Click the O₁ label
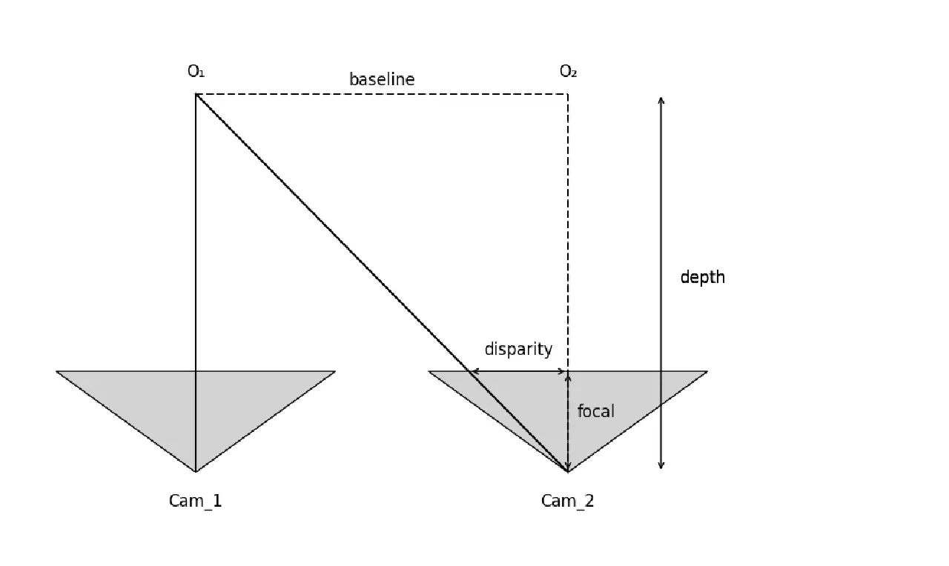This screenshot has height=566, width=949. pos(196,72)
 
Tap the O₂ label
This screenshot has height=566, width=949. pos(569,72)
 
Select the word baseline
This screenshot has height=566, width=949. pos(382,79)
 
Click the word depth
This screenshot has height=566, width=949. pos(702,277)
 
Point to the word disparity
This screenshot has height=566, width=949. pos(518,349)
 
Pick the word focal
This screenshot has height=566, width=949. pos(595,410)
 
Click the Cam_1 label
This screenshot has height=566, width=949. pos(195,501)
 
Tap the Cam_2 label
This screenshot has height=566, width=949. pos(567,501)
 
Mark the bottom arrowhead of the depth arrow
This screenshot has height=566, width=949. pos(661,467)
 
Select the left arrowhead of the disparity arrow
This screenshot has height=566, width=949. pos(474,371)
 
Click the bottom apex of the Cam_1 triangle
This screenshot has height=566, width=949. pos(196,471)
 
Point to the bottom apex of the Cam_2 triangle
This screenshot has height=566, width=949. pos(568,471)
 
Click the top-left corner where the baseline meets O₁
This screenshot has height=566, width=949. pos(196,94)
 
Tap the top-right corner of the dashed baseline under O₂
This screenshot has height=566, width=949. pos(568,94)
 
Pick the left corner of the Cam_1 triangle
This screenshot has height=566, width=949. pos(57,371)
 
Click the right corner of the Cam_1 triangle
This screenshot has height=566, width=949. pos(335,371)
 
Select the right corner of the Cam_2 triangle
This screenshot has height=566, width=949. pos(707,371)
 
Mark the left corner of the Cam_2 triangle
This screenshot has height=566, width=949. pos(429,371)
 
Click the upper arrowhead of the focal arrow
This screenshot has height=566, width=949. pos(568,375)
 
